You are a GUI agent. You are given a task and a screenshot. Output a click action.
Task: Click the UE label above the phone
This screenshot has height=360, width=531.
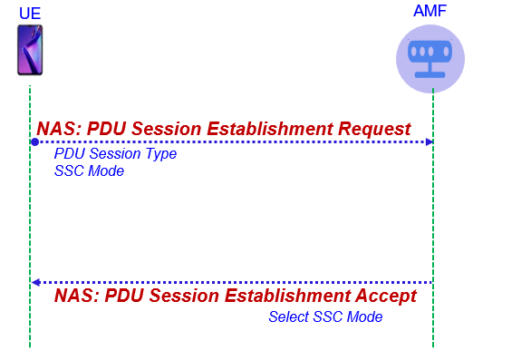30,14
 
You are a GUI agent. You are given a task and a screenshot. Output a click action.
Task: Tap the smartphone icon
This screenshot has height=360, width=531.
30,50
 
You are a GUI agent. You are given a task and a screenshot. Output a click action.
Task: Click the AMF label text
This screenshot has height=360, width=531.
430,11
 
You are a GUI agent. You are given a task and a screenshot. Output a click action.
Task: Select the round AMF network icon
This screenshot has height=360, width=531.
430,59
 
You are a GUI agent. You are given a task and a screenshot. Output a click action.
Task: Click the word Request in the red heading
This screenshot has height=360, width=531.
374,129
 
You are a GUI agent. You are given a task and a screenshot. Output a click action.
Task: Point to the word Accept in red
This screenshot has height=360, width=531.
386,296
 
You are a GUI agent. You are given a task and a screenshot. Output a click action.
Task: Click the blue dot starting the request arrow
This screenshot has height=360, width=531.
34,142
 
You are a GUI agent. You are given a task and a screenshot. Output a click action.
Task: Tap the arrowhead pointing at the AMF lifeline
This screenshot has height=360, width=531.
430,142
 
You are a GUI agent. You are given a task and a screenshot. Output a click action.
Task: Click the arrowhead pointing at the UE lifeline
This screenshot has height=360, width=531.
36,282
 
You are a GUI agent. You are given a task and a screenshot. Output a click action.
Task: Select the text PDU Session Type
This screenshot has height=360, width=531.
115,154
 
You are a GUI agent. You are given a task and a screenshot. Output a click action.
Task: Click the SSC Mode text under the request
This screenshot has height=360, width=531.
89,170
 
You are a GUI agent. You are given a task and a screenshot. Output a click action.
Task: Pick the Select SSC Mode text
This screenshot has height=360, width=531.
325,317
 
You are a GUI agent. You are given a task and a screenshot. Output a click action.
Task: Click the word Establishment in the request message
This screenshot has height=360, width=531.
270,129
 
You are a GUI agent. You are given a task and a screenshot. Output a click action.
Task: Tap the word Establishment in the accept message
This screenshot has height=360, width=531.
287,296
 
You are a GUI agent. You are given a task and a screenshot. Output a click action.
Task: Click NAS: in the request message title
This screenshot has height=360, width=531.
59,129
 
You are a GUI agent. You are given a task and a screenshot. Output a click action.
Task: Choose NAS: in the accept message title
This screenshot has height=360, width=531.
77,296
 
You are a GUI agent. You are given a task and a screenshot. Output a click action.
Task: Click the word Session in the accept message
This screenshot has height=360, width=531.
185,296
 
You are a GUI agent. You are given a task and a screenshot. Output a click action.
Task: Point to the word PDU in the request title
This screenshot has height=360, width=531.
107,129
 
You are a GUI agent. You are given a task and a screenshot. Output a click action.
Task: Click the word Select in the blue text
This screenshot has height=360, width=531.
289,317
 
